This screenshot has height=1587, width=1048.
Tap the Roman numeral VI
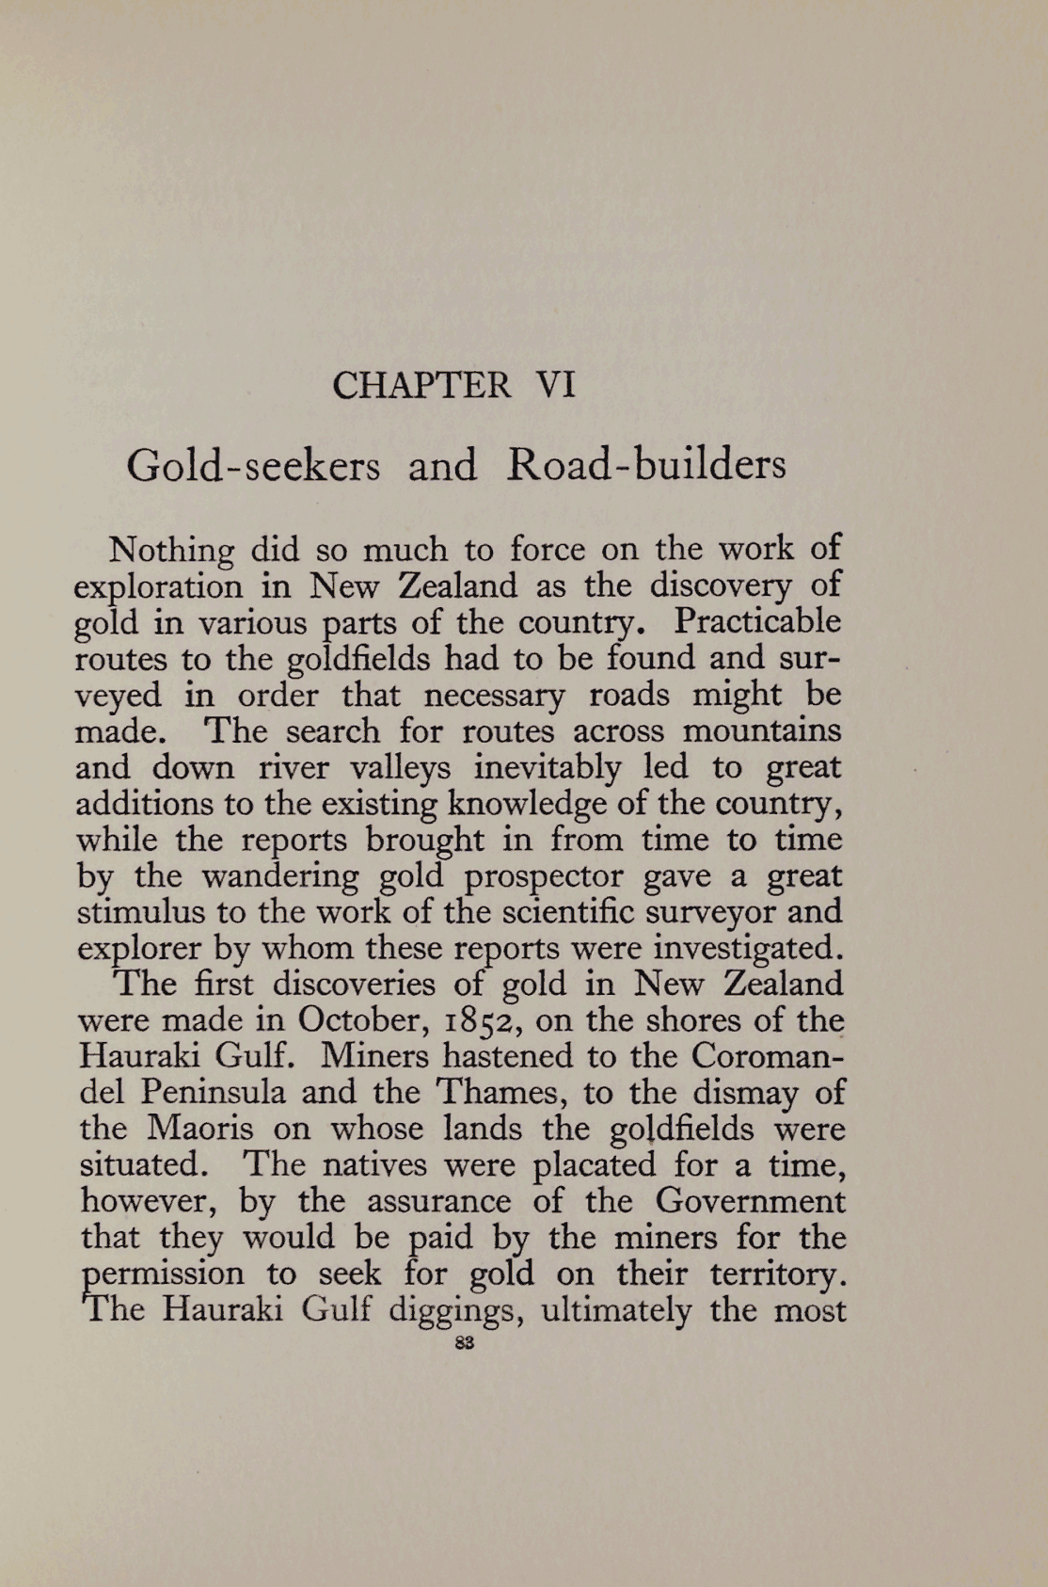pos(554,387)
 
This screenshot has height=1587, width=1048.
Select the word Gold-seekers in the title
pos(253,466)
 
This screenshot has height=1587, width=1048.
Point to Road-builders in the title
pos(646,466)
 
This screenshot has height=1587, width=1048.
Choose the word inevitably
pos(548,767)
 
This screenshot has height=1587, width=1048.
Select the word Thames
pos(500,1092)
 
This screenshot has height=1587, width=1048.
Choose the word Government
pos(750,1201)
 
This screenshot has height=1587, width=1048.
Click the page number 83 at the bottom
pos(461,1345)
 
